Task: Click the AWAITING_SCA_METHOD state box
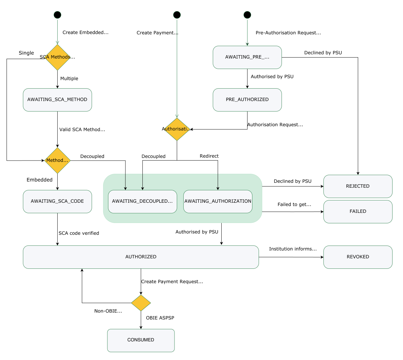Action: coord(57,100)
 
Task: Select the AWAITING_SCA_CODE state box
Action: coord(57,201)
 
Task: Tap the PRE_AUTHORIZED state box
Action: coord(247,100)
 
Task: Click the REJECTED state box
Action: coord(358,186)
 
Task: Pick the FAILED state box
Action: coord(358,212)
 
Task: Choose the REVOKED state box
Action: coord(358,257)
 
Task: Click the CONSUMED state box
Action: coord(141,340)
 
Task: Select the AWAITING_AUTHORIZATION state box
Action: coord(218,201)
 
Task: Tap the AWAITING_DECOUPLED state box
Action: coord(142,201)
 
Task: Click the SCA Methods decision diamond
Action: coord(57,57)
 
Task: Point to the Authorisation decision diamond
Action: coord(177,129)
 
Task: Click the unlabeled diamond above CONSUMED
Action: coord(141,303)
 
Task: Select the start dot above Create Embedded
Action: coord(57,15)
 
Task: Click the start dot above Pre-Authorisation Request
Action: coord(247,15)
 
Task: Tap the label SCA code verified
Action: coord(79,233)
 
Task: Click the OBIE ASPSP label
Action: coord(160,318)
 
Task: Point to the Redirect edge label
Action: coord(209,156)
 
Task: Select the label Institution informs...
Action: coord(293,249)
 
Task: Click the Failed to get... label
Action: coord(294,204)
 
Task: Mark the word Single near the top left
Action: coord(26,53)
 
